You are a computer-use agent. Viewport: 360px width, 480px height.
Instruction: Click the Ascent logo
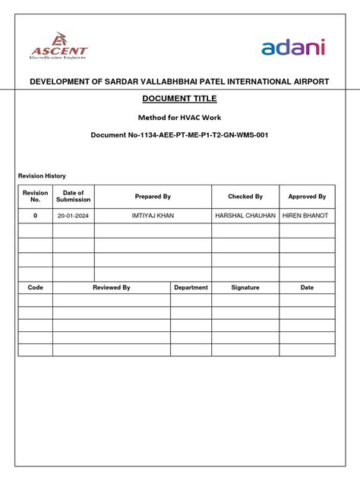[59, 46]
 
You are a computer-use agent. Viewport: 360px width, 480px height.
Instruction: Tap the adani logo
[293, 48]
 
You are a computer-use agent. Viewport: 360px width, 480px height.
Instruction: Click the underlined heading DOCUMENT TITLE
[179, 99]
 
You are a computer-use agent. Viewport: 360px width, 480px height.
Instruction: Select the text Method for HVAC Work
[179, 118]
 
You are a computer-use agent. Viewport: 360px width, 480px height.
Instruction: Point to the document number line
[179, 135]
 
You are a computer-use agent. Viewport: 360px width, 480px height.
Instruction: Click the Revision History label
[42, 176]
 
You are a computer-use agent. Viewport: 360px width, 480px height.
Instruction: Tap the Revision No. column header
[35, 197]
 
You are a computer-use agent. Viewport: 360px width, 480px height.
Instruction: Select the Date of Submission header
[74, 197]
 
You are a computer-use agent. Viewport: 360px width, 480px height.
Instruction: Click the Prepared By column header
[153, 197]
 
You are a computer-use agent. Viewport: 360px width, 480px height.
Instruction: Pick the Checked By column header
[245, 197]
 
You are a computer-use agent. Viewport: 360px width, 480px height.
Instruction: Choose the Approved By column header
[307, 197]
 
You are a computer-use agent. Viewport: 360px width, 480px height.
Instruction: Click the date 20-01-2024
[74, 216]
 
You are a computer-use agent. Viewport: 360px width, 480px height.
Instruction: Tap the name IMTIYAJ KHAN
[153, 216]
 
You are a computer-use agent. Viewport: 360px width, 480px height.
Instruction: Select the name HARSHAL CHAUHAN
[245, 216]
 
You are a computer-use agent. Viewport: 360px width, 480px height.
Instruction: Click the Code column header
[35, 288]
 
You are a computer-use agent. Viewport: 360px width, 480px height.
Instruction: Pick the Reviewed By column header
[112, 288]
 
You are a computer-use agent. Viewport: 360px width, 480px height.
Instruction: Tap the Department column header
[191, 288]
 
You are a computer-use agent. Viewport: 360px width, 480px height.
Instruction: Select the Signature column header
[245, 288]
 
